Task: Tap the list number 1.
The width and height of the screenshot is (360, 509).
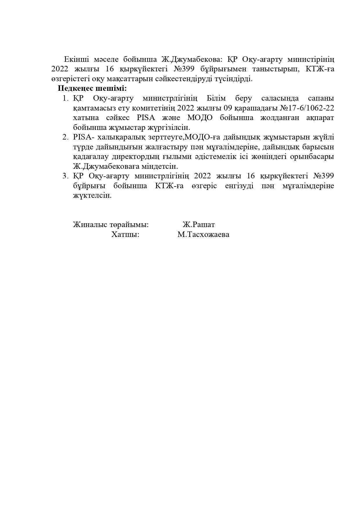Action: click(x=65, y=98)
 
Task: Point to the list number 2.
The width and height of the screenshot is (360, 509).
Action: click(x=65, y=137)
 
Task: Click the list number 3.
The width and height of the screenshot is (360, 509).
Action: click(x=65, y=176)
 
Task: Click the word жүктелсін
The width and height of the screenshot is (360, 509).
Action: click(x=92, y=195)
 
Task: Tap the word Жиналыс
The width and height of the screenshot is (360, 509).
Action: click(x=90, y=225)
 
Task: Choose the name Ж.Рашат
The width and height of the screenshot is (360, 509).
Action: click(x=199, y=225)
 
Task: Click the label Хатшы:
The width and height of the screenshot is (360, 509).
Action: click(x=125, y=234)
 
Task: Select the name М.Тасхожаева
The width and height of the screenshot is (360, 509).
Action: click(x=203, y=234)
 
